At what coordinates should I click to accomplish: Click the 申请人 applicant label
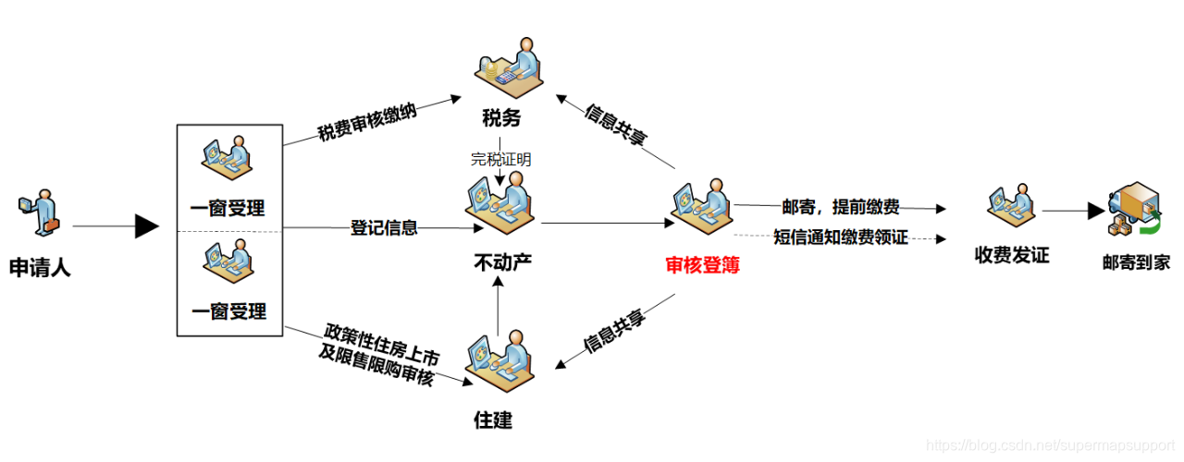pyautogui.click(x=40, y=269)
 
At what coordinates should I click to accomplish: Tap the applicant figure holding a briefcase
pyautogui.click(x=38, y=211)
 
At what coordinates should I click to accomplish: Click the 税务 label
pyautogui.click(x=501, y=118)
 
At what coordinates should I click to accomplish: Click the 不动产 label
pyautogui.click(x=503, y=263)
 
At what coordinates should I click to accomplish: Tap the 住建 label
pyautogui.click(x=493, y=420)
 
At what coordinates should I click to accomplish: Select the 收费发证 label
pyautogui.click(x=1012, y=255)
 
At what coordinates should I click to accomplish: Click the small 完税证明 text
pyautogui.click(x=501, y=159)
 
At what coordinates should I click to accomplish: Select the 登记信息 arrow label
pyautogui.click(x=384, y=226)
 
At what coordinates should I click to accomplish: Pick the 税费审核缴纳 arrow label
pyautogui.click(x=367, y=121)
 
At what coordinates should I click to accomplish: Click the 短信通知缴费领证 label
pyautogui.click(x=841, y=237)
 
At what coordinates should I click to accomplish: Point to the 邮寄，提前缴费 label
pyautogui.click(x=841, y=207)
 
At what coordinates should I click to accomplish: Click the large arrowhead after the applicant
pyautogui.click(x=147, y=225)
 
